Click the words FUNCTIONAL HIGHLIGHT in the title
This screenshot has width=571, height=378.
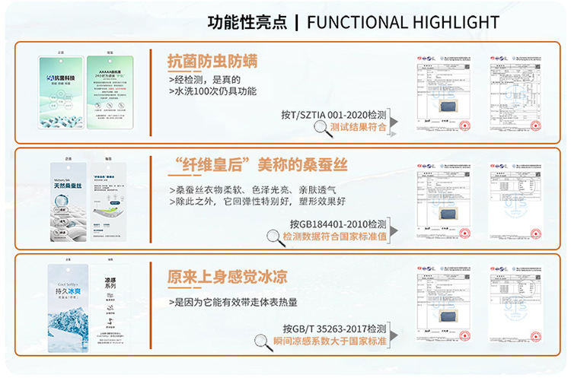[x=403, y=21]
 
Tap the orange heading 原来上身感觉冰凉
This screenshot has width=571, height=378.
[x=223, y=275]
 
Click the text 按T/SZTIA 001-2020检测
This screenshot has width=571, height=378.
[x=334, y=114]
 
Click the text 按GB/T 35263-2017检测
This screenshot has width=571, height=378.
[x=335, y=329]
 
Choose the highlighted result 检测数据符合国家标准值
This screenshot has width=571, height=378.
[x=334, y=237]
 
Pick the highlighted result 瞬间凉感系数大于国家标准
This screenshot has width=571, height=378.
[x=330, y=341]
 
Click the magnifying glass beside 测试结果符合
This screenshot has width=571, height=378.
[x=319, y=128]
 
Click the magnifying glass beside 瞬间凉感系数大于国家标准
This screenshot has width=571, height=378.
[x=263, y=341]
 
